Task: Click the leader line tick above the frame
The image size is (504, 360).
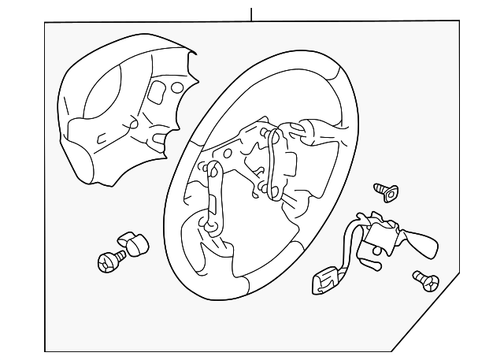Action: pos(251,13)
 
